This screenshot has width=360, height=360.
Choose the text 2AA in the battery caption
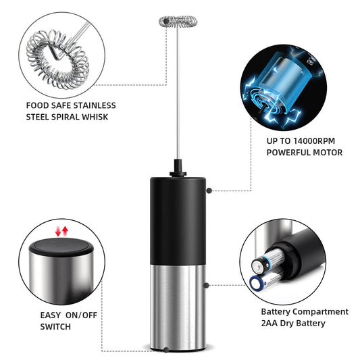click(272, 324)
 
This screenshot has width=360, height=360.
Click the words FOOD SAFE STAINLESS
click(71, 105)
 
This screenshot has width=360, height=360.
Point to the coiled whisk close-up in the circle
click(57, 54)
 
